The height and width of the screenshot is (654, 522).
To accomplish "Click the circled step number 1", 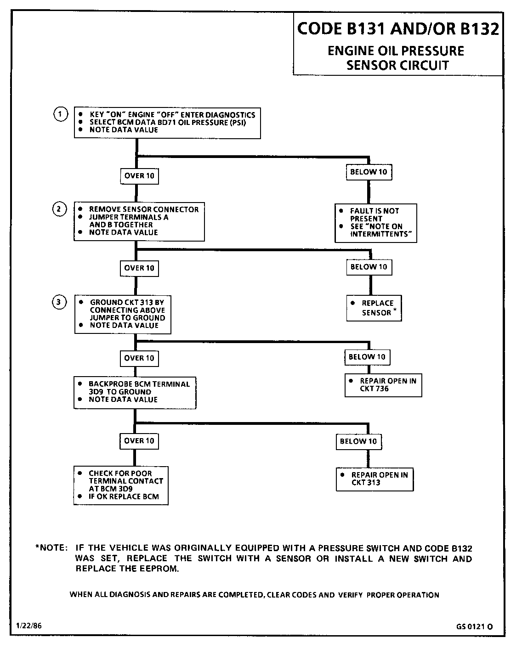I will click(60, 114).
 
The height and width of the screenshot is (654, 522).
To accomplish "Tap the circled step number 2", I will click(60, 209).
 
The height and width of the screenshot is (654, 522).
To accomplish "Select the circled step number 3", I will click(60, 303).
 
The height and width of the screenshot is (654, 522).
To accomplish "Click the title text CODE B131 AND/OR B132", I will click(398, 29).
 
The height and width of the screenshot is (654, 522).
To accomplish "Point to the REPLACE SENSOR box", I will click(374, 308).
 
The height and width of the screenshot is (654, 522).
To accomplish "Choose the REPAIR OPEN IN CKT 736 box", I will click(383, 385).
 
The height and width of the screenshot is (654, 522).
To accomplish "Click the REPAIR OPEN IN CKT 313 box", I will click(375, 479).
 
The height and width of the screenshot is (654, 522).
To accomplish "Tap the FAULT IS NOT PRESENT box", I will click(376, 223).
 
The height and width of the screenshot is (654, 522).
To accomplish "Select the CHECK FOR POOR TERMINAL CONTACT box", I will click(121, 485).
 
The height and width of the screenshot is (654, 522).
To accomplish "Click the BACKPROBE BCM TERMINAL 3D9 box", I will click(135, 392).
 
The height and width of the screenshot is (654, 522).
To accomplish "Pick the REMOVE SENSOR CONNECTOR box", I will click(139, 221).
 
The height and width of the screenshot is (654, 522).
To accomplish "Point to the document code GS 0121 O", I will click(475, 626).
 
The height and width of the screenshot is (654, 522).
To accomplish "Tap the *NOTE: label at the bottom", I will click(52, 548).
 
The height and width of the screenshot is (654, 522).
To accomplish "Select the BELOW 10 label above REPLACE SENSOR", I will click(369, 267).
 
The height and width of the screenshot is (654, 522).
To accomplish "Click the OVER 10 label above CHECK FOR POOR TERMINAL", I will click(139, 441).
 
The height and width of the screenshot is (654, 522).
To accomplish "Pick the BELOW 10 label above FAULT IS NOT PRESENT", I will click(369, 172).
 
